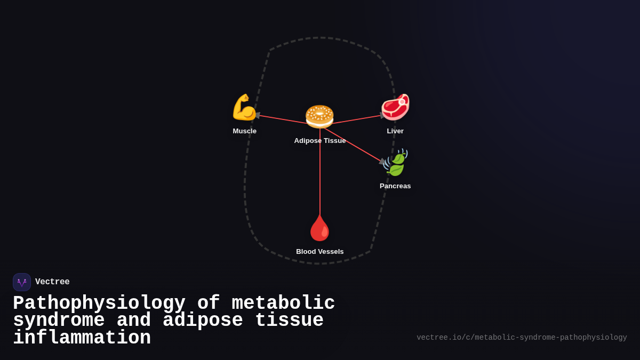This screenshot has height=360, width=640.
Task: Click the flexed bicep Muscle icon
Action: tap(244, 107)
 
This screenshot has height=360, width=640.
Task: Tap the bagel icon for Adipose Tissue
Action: tap(319, 116)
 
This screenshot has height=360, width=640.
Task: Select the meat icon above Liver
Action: tap(395, 107)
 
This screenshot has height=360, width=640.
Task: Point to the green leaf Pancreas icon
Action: tap(396, 163)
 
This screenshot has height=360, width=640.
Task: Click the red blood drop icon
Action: tap(320, 228)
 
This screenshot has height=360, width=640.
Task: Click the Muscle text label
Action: tap(244, 131)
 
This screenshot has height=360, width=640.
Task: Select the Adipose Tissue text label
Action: tap(320, 141)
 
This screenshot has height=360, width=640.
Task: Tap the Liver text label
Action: tap(395, 131)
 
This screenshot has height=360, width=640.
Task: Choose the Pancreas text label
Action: tap(395, 186)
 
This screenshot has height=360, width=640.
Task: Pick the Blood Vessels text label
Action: tap(320, 252)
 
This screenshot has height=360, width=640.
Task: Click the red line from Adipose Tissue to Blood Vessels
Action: tap(320, 171)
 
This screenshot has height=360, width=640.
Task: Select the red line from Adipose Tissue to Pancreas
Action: tap(352, 144)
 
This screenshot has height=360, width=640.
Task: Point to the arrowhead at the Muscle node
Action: tap(258, 115)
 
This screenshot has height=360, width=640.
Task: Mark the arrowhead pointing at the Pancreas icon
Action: tap(382, 161)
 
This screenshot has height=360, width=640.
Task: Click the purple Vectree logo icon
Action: tap(22, 282)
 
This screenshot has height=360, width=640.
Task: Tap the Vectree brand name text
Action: tap(52, 282)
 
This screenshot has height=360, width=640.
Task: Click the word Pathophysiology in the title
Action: tap(99, 303)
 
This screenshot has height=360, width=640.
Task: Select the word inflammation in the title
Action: tap(82, 338)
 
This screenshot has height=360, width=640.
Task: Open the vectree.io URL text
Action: tap(522, 338)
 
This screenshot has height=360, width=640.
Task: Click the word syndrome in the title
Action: tap(59, 321)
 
